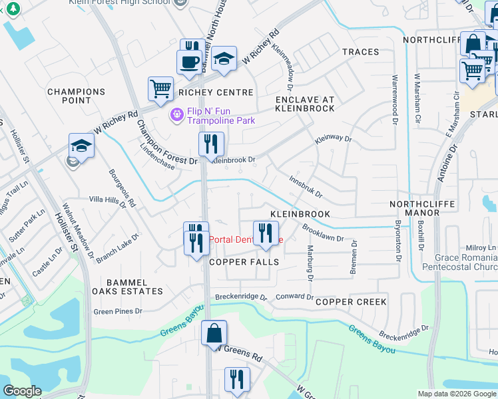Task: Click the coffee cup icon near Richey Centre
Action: [189, 61]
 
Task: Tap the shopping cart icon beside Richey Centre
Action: [160, 88]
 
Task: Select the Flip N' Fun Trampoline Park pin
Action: [176, 115]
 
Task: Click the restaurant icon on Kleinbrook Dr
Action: [211, 143]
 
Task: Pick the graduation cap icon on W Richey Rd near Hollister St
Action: [81, 146]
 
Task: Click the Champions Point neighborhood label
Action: [77, 96]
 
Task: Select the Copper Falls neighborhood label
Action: [244, 262]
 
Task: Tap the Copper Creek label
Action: [351, 302]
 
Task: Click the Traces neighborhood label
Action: [360, 52]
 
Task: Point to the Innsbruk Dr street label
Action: [306, 187]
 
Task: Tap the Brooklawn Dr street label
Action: [323, 233]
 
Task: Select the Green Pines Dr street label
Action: [118, 311]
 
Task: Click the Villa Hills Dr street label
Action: [108, 201]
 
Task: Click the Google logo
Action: [22, 391]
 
